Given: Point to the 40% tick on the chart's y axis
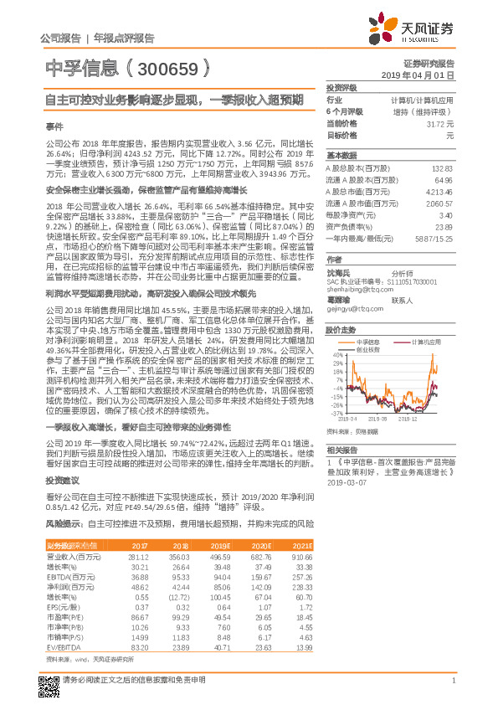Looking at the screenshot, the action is (x=337, y=353).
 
